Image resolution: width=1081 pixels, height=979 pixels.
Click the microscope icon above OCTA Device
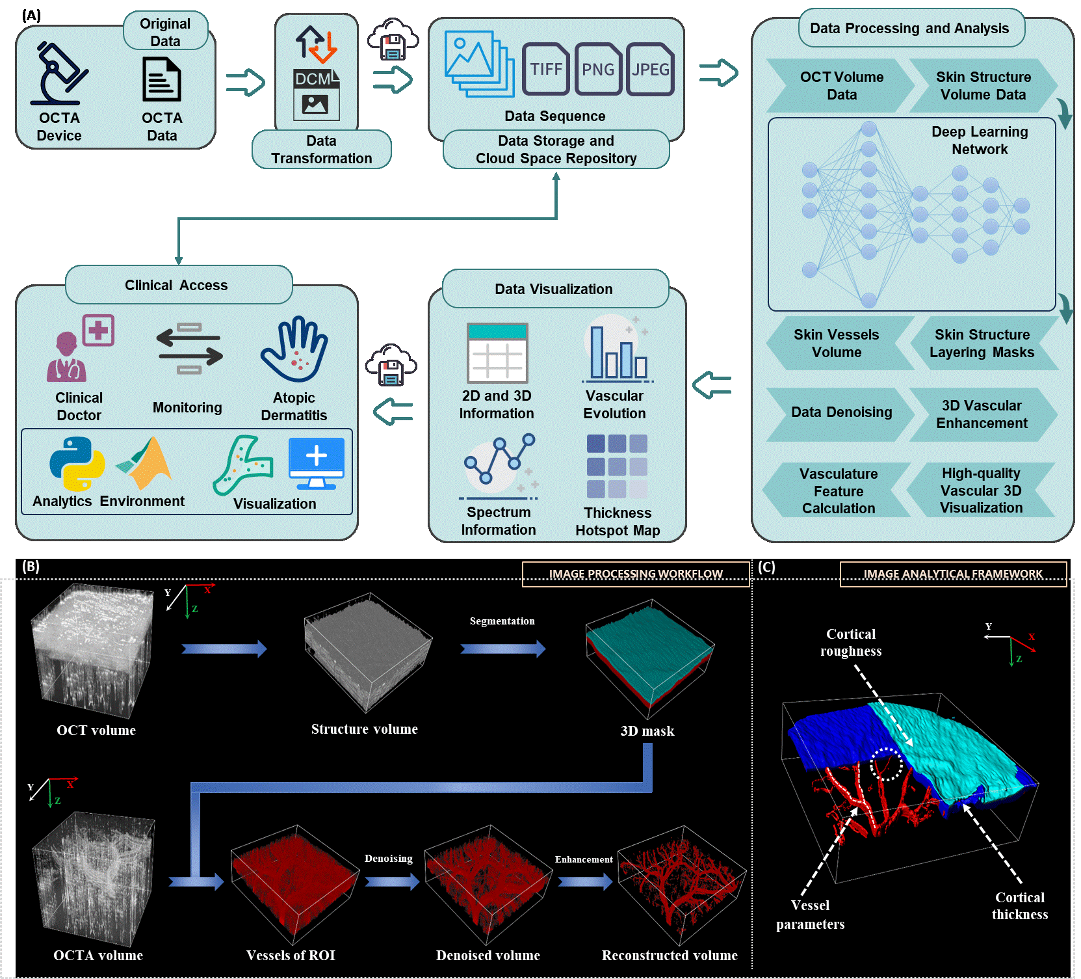pyautogui.click(x=59, y=73)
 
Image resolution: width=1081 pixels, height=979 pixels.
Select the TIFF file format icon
pyautogui.click(x=545, y=69)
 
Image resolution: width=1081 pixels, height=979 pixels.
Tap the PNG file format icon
pyautogui.click(x=597, y=69)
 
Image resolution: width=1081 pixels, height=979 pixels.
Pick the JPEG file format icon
pyautogui.click(x=650, y=69)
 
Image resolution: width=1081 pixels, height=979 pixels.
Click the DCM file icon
pyautogui.click(x=317, y=94)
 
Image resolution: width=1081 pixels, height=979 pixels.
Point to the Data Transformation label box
pyautogui.click(x=322, y=150)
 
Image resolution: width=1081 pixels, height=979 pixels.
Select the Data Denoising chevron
pyautogui.click(x=840, y=412)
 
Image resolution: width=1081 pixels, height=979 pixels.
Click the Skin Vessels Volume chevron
pyautogui.click(x=837, y=343)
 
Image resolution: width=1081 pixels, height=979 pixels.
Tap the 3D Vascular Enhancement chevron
pyautogui.click(x=982, y=414)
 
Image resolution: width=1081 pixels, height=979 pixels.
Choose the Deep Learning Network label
pyautogui.click(x=980, y=141)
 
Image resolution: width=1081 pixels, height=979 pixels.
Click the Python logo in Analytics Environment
pyautogui.click(x=77, y=463)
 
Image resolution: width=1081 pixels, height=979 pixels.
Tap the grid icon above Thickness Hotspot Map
pyautogui.click(x=617, y=466)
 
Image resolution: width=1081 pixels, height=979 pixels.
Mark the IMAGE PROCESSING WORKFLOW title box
pyautogui.click(x=636, y=574)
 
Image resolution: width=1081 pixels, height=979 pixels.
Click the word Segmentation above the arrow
pyautogui.click(x=502, y=621)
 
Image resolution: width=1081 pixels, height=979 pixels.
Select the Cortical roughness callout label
pyautogui.click(x=851, y=643)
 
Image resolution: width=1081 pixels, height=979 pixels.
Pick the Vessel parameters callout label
pyautogui.click(x=810, y=915)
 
